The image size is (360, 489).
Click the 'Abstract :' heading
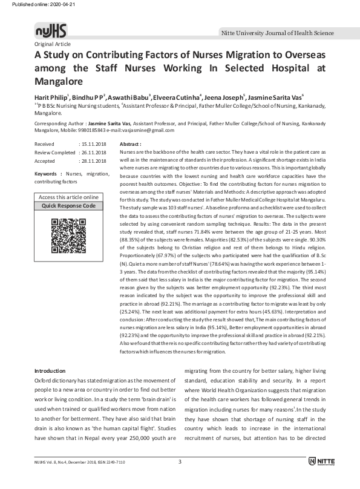coord(131,145)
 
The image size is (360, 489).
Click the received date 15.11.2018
coord(94,145)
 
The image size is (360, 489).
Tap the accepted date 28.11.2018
coord(94,162)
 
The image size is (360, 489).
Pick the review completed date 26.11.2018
coord(94,153)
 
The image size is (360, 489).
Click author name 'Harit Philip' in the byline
coord(51,97)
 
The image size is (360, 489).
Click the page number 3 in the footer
coord(180,479)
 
